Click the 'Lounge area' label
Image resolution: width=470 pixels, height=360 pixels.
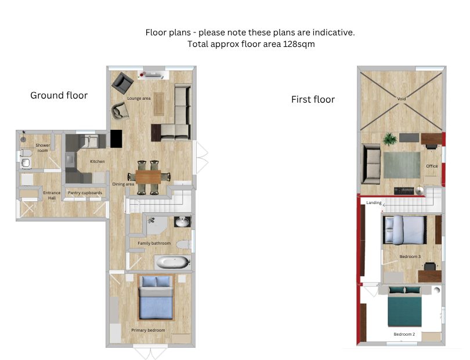(139, 98)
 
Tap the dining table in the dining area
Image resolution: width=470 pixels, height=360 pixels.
(149, 177)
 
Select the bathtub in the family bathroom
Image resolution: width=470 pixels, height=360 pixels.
(172, 263)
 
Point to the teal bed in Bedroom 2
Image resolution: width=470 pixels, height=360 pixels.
(404, 307)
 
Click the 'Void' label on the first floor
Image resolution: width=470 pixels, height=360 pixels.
(402, 99)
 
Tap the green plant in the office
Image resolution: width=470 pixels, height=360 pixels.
(389, 139)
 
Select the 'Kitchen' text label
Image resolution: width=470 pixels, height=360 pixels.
(97, 161)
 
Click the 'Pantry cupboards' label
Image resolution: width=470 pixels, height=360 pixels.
(85, 193)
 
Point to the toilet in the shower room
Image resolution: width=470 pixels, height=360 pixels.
(26, 153)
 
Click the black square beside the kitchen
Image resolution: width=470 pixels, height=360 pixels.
(116, 139)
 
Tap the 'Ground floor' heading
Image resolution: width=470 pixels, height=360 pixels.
(59, 95)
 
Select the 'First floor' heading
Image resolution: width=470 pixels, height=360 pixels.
(313, 100)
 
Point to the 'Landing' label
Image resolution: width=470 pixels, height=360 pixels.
(374, 203)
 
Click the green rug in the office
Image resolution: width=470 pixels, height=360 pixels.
(402, 165)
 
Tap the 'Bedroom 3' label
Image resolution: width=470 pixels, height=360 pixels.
(410, 257)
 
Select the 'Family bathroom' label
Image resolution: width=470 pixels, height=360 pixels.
(154, 243)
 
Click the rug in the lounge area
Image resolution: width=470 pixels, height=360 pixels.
(159, 104)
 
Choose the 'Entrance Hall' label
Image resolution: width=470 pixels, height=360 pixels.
(52, 195)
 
